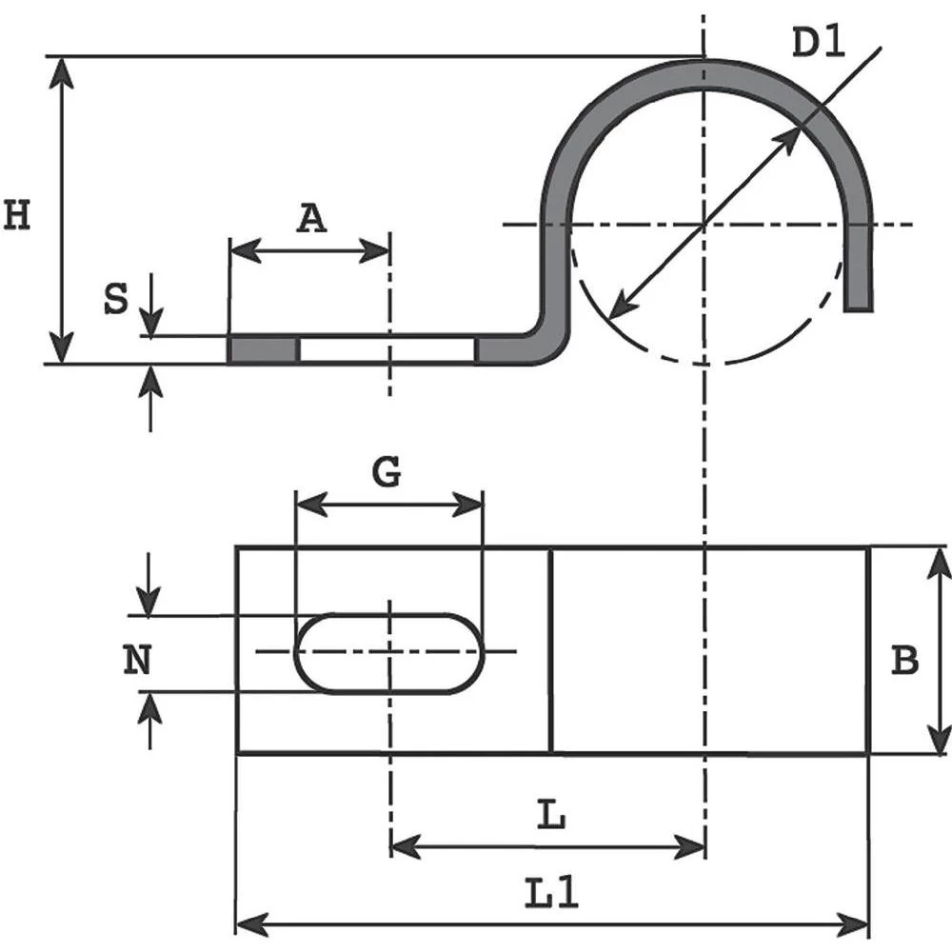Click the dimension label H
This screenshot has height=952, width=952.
click(17, 216)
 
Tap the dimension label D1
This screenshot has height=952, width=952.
click(818, 44)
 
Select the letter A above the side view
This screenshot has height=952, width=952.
click(310, 219)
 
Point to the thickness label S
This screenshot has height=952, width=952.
click(115, 300)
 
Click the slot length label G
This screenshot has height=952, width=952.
click(386, 471)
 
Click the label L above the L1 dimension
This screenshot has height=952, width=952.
click(551, 816)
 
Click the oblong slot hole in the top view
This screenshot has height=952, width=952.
click(389, 653)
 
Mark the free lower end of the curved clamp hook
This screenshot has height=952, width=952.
click(859, 301)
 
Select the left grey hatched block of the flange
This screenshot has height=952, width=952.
click(264, 349)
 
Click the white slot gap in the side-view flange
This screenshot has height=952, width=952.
click(387, 349)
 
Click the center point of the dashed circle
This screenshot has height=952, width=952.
click(704, 225)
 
